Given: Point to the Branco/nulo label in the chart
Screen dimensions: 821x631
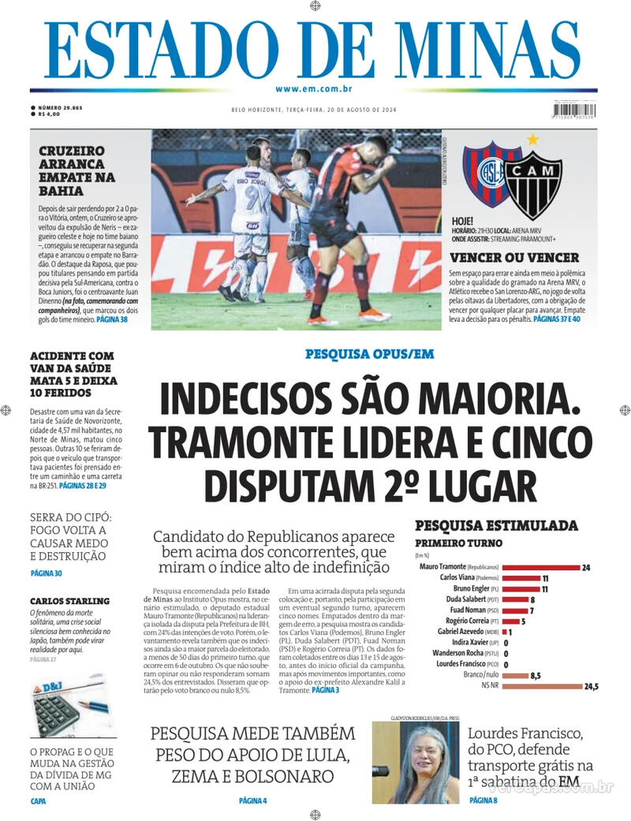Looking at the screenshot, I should click(x=483, y=676).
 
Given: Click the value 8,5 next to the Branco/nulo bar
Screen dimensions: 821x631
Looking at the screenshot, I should click(x=535, y=676).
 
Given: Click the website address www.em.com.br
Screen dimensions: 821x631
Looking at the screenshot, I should click(x=314, y=90).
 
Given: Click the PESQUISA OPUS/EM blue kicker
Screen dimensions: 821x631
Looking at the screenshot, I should click(x=369, y=355).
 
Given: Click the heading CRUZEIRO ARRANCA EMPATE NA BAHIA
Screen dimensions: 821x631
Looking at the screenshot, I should click(x=77, y=171).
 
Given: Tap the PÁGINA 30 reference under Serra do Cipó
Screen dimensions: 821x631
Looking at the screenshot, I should click(x=46, y=573).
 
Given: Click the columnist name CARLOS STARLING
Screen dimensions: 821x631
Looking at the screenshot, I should click(x=69, y=601).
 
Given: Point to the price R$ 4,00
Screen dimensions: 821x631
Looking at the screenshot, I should click(x=49, y=114).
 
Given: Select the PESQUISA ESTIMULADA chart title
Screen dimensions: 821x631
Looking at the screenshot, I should click(x=496, y=524).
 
